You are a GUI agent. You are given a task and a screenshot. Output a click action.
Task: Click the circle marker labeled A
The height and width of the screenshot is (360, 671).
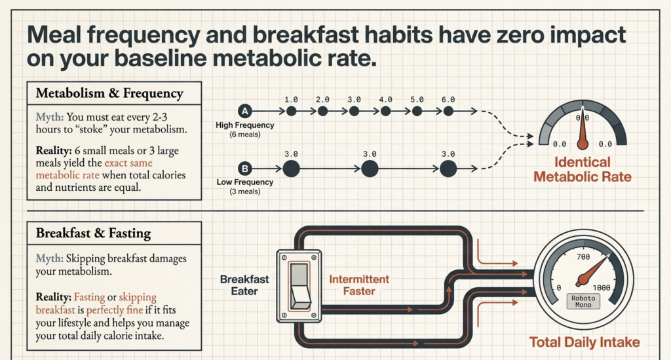[245, 111]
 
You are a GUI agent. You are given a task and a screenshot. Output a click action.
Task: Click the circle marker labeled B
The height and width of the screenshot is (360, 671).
[245, 168]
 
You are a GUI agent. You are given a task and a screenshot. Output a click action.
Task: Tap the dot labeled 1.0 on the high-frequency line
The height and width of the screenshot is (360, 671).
[291, 111]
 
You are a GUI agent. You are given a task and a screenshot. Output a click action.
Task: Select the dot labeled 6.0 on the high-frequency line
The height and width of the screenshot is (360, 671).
[448, 111]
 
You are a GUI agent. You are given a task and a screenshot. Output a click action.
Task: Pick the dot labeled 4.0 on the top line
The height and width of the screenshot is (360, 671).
[385, 111]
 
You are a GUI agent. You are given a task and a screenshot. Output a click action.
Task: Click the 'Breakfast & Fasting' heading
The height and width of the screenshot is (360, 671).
[94, 233]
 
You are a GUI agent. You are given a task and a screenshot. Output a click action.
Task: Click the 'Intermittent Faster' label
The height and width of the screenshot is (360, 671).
[359, 284]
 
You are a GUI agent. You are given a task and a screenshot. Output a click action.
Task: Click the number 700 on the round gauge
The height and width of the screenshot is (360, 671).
[581, 257]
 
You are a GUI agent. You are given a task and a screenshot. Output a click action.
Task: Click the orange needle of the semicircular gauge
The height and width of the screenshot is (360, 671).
[581, 134]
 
